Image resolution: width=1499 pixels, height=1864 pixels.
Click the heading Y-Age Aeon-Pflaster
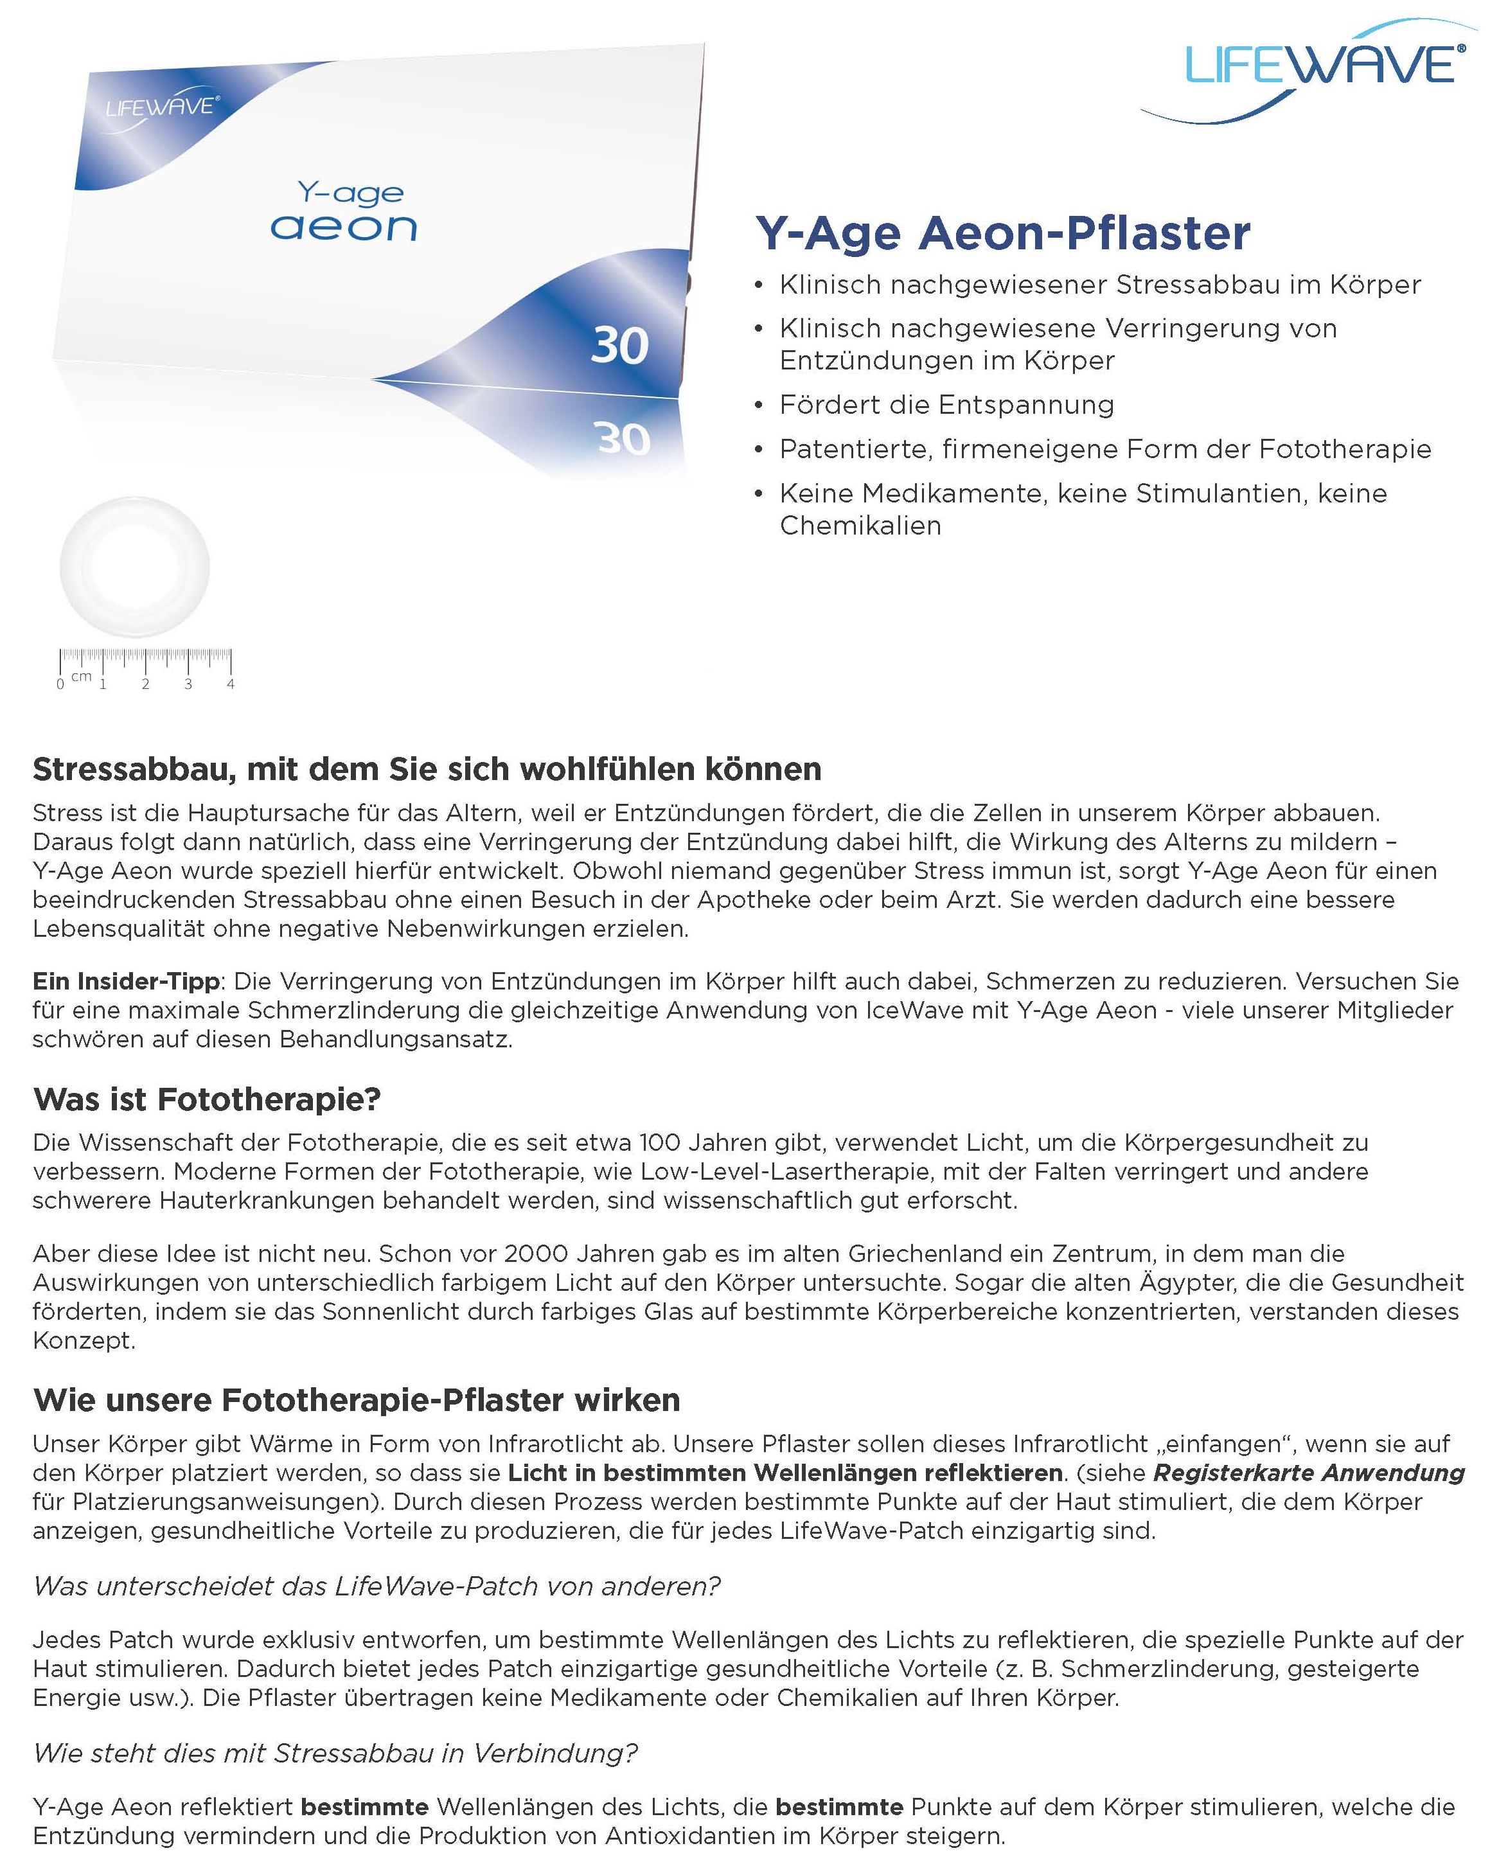1003,233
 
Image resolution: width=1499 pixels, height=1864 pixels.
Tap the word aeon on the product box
343,227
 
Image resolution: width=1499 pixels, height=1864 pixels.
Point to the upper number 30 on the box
619,346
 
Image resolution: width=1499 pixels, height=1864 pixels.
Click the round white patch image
134,566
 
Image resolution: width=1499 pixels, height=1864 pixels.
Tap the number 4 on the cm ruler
231,684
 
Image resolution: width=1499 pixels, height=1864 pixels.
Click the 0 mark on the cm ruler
60,684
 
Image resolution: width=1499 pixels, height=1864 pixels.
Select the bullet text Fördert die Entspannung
946,405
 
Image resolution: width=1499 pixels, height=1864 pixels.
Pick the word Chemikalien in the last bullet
860,526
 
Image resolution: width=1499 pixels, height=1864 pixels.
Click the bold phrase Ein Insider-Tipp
126,981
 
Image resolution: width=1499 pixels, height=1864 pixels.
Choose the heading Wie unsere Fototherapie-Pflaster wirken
356,1399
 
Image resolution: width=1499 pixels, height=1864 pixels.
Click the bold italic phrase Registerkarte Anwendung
1309,1472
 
